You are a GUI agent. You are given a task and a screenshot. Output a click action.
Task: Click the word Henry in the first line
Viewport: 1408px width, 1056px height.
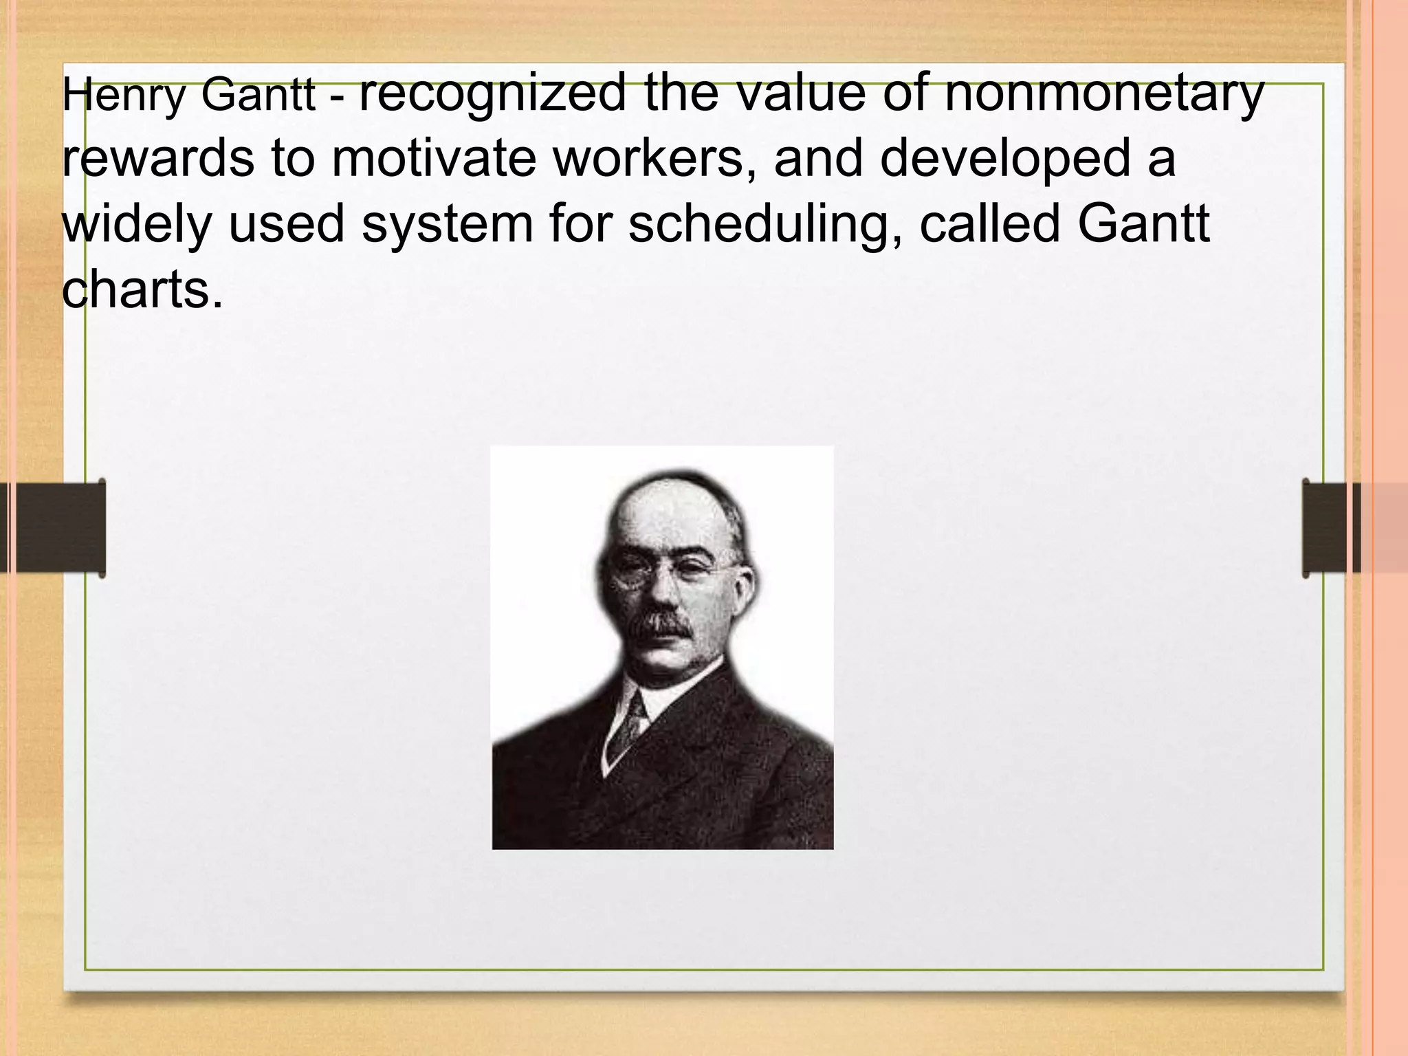click(123, 96)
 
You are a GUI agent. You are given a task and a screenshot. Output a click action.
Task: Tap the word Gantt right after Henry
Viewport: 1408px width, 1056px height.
click(258, 96)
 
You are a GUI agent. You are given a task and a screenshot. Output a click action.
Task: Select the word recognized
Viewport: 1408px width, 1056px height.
click(492, 93)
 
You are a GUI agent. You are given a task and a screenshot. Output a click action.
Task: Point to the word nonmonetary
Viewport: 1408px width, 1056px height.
click(1104, 93)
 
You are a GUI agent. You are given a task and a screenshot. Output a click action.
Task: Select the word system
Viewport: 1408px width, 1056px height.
click(447, 225)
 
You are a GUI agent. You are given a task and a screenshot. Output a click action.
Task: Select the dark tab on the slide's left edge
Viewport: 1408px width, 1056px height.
click(62, 527)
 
